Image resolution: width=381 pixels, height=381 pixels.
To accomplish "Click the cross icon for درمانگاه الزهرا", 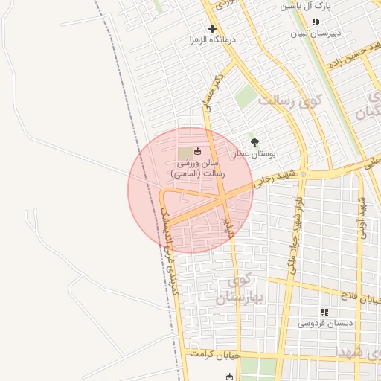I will point(212,28).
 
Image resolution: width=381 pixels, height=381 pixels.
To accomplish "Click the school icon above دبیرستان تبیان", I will point(316,22).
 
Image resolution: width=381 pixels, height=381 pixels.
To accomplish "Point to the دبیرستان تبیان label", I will point(315,33).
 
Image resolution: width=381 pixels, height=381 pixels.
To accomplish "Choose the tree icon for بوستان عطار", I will point(255,141).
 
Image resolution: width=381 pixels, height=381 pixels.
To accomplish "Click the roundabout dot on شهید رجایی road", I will point(303,174).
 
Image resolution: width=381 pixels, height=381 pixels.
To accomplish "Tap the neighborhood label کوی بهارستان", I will point(234,289).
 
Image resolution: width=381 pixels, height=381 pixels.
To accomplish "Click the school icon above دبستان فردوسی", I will point(324,312).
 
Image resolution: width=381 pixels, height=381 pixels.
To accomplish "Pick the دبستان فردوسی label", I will point(326,324).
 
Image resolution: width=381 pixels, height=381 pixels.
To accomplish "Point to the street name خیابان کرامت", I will point(217,354).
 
